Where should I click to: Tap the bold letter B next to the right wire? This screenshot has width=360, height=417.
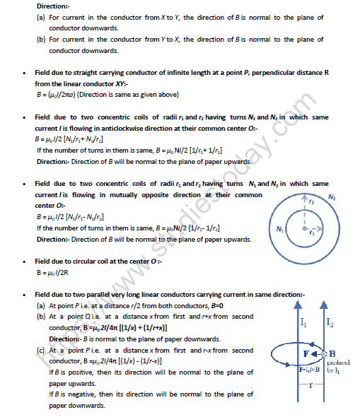click(x=332, y=353)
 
